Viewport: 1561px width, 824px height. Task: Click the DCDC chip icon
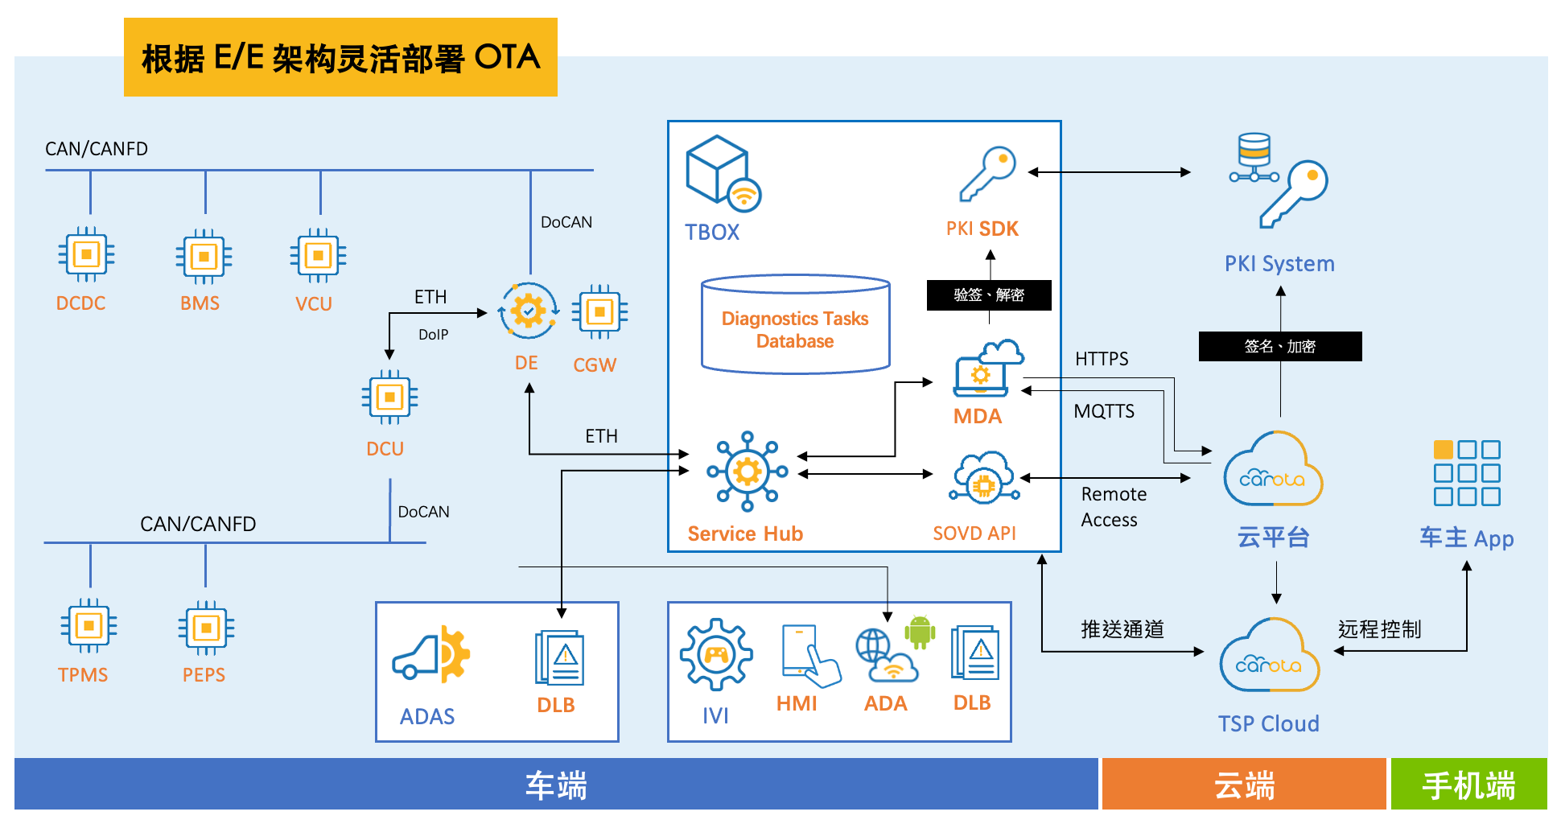pos(86,255)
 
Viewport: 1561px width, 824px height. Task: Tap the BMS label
pos(200,303)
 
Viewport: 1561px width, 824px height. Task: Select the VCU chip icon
pos(318,256)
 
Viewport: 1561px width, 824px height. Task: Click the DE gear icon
pos(528,311)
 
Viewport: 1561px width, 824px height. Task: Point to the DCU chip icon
pos(389,397)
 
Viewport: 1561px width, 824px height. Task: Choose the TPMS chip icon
pos(89,626)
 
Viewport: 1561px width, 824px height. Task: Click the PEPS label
pos(204,675)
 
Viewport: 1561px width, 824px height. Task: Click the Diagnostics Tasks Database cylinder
pos(795,325)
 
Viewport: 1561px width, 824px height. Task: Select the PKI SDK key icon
pos(987,173)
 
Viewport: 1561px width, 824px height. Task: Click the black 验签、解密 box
pos(989,295)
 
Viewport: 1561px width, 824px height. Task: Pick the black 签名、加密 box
pos(1279,346)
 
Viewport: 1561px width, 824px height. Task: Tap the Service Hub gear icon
pos(748,472)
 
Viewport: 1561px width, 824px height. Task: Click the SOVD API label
pos(974,534)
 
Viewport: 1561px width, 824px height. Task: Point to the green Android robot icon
pos(920,632)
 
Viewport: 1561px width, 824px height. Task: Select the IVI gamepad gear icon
pos(715,654)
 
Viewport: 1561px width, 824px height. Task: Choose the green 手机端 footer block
pos(1468,785)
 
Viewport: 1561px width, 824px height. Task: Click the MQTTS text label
pos(1104,411)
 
